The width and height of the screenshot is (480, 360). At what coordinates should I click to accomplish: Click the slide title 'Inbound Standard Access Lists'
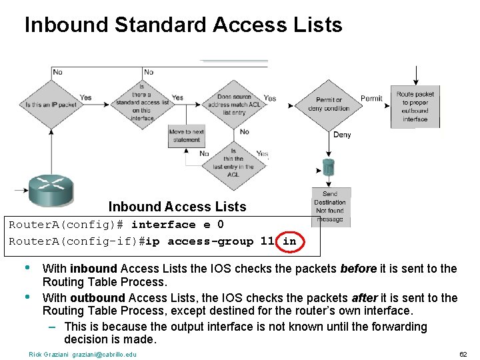[183, 25]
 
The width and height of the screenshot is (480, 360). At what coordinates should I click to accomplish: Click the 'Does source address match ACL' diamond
[233, 103]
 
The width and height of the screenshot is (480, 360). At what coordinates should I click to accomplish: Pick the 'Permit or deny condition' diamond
[328, 104]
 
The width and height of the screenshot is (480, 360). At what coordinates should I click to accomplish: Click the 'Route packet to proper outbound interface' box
[415, 107]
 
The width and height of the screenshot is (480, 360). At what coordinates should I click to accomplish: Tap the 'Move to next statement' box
[186, 136]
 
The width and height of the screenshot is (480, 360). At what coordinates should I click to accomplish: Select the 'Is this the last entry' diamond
[233, 163]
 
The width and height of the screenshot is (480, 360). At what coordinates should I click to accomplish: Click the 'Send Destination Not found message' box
[330, 207]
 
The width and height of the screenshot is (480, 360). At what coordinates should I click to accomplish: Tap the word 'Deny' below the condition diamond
[342, 135]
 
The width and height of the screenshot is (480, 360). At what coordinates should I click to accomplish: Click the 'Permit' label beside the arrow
[371, 99]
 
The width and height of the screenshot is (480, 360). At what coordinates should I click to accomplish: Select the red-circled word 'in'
[289, 241]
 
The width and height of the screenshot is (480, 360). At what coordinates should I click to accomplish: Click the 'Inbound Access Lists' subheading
[177, 207]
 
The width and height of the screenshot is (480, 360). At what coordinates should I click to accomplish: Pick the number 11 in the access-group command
[267, 241]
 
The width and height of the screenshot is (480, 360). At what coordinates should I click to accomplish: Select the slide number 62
[464, 354]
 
